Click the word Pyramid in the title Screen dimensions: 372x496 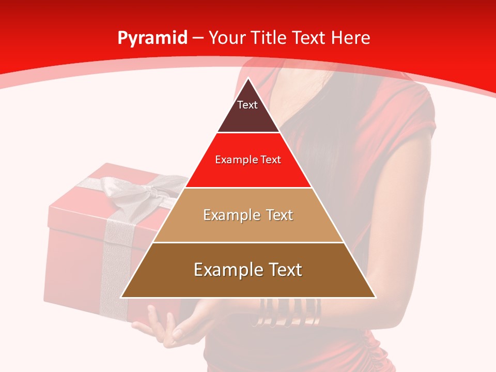coord(152,38)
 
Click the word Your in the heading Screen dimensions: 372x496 coord(226,38)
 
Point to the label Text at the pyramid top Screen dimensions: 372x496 coord(247,105)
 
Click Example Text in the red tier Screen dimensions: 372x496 coord(248,160)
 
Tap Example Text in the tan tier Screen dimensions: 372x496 coord(248,215)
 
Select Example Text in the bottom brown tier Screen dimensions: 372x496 coord(248,270)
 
